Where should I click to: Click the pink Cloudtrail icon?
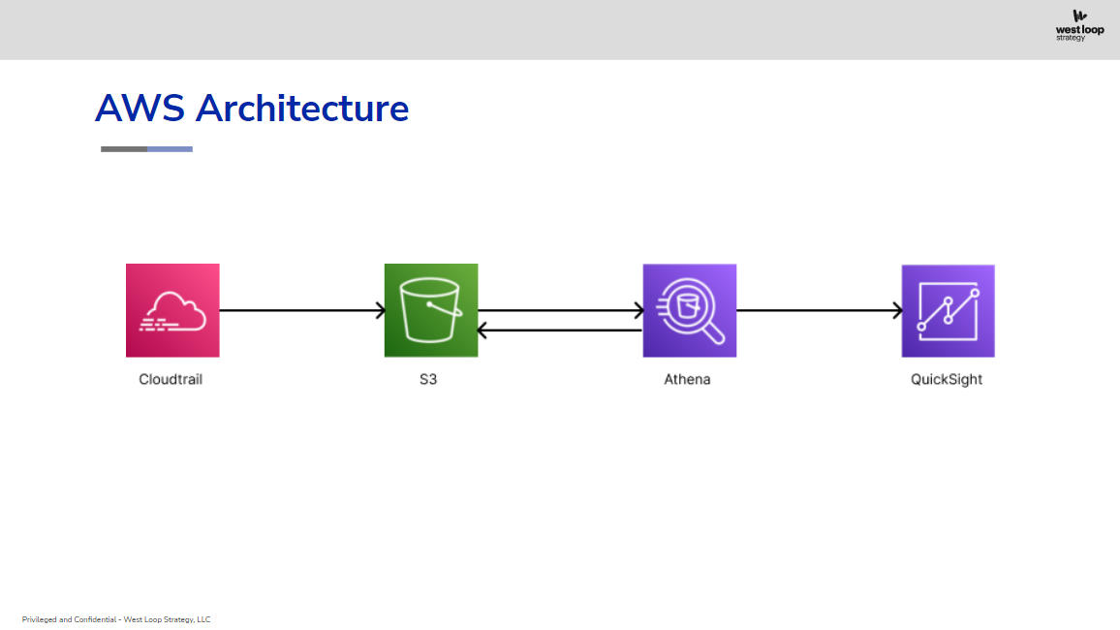pyautogui.click(x=172, y=311)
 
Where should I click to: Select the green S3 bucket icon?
pyautogui.click(x=431, y=311)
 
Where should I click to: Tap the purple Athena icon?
pyautogui.click(x=689, y=311)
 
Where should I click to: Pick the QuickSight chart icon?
pyautogui.click(x=948, y=311)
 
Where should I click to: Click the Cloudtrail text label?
pyautogui.click(x=171, y=379)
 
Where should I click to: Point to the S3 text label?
pyautogui.click(x=428, y=379)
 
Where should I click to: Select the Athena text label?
pyautogui.click(x=687, y=379)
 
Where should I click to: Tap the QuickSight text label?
pyautogui.click(x=947, y=379)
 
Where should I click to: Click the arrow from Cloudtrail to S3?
pyautogui.click(x=302, y=310)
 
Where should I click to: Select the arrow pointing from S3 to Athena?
pyautogui.click(x=561, y=310)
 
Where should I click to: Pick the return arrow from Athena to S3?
pyautogui.click(x=560, y=330)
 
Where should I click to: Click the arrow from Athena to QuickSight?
pyautogui.click(x=820, y=310)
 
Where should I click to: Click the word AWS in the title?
pyautogui.click(x=140, y=109)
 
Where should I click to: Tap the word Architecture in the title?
pyautogui.click(x=302, y=109)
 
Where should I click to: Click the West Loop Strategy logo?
pyautogui.click(x=1080, y=26)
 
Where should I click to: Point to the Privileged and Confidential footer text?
pyautogui.click(x=116, y=619)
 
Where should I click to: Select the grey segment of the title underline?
pyautogui.click(x=124, y=149)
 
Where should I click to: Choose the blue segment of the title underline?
pyautogui.click(x=170, y=149)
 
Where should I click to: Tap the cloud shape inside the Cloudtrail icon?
pyautogui.click(x=173, y=312)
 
